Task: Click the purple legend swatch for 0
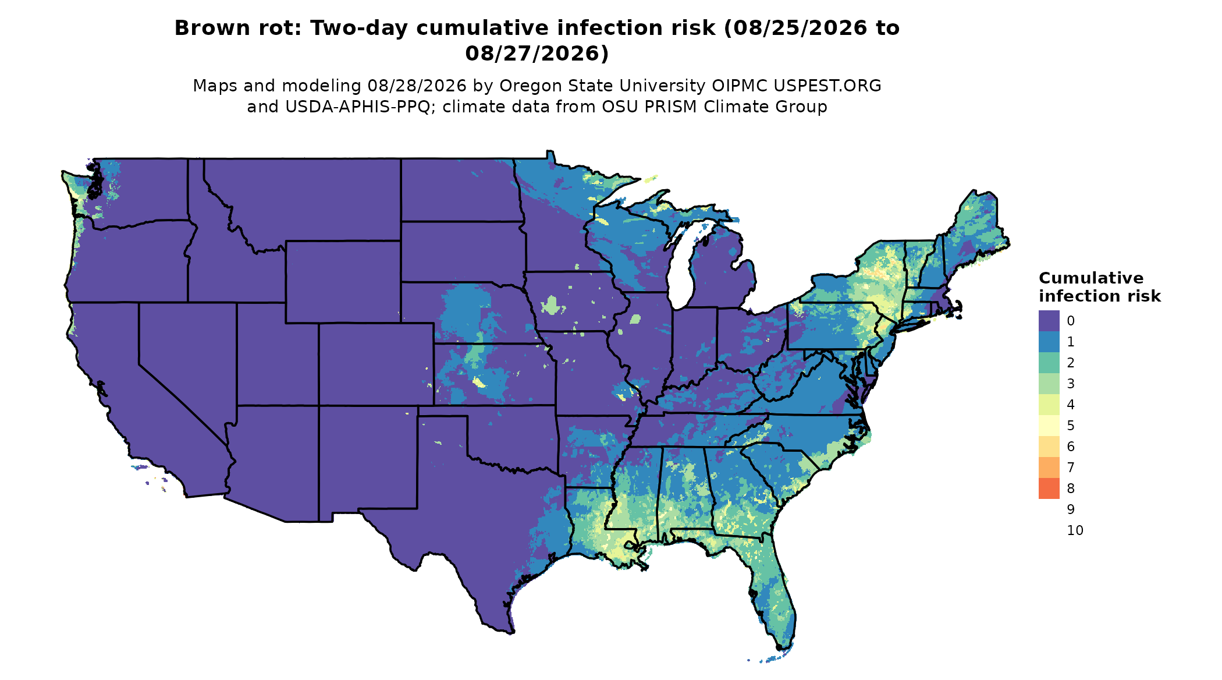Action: coord(1049,321)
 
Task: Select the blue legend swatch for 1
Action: coord(1049,342)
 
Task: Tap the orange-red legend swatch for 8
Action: coord(1049,488)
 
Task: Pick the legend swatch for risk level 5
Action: coord(1049,426)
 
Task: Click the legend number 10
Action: coord(1075,530)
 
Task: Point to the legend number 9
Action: coord(1071,509)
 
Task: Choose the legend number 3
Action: coord(1071,384)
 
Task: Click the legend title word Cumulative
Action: coord(1091,278)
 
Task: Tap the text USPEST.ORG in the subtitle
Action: coord(827,86)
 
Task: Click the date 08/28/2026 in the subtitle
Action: coord(417,86)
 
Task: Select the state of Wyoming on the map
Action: coord(343,282)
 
